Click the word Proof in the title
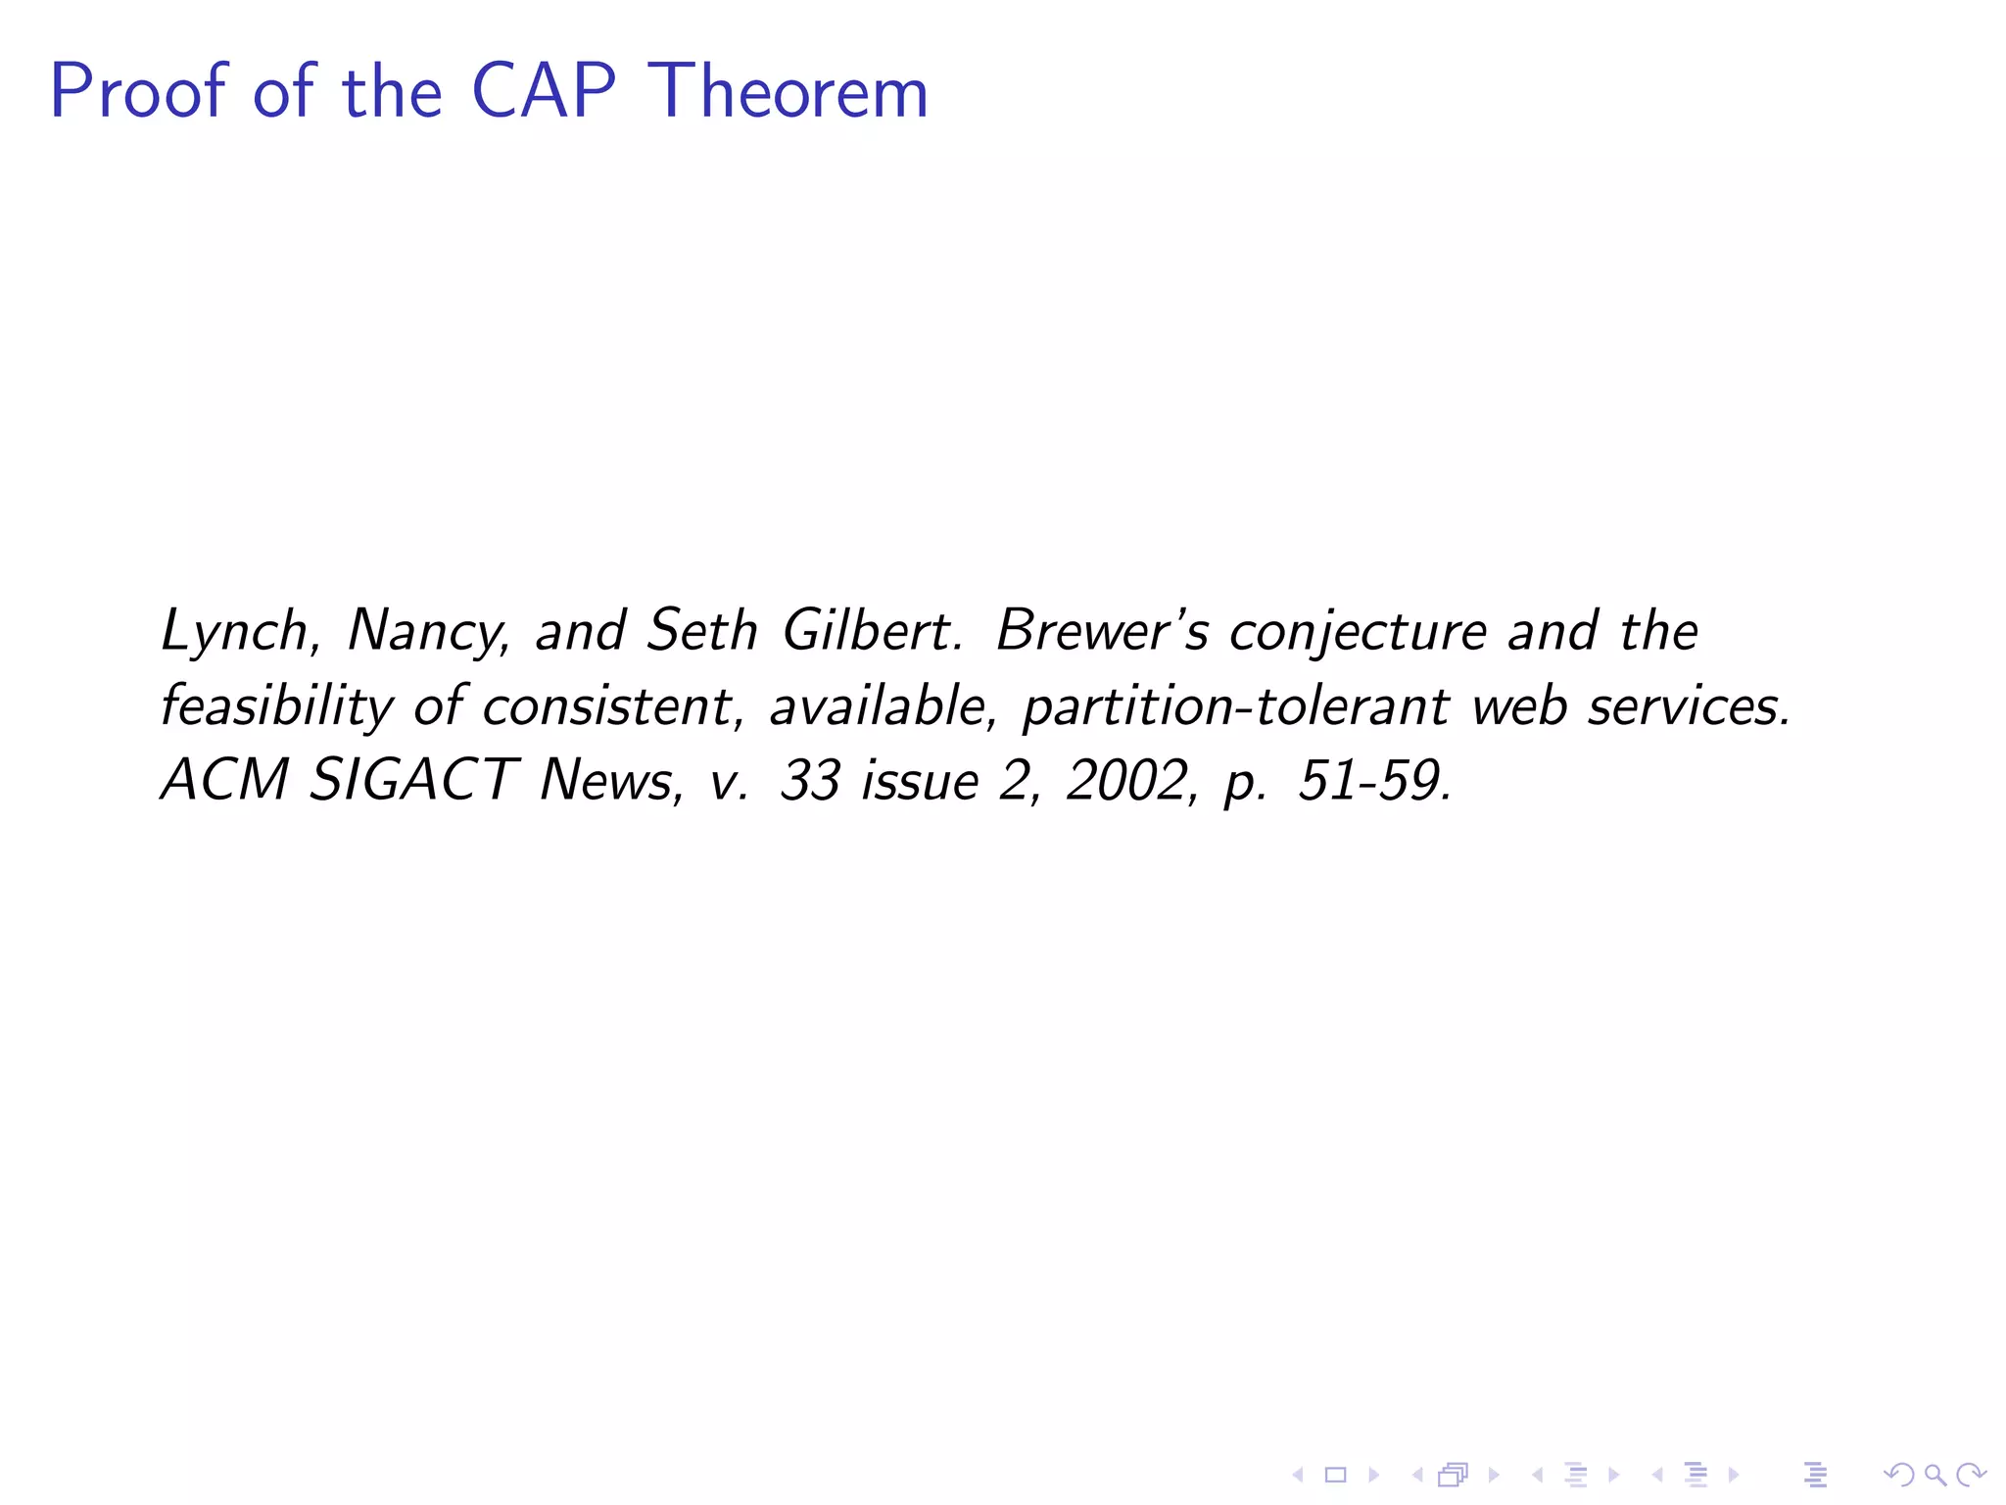[138, 92]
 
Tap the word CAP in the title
[544, 92]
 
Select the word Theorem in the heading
[788, 92]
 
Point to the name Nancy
[427, 632]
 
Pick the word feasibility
[275, 707]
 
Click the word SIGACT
[412, 781]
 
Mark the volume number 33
[810, 781]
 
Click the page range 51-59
[1372, 781]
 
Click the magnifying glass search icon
[1935, 1475]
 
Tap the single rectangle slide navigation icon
[1336, 1475]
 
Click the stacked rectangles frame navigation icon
[1454, 1475]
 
